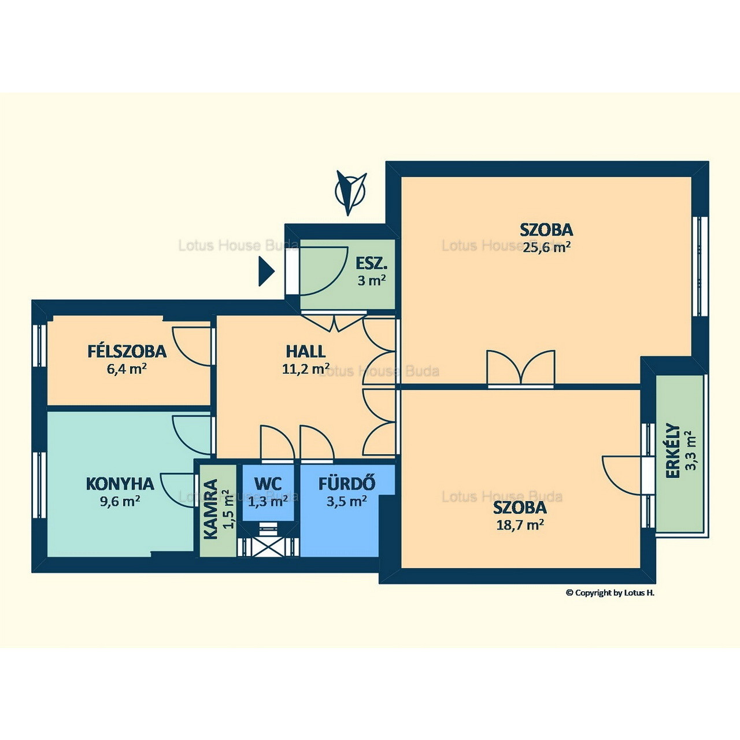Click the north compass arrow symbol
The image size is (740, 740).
pyautogui.click(x=350, y=193)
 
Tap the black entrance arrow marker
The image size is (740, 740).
pyautogui.click(x=266, y=272)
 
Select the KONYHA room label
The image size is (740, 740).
pyautogui.click(x=120, y=484)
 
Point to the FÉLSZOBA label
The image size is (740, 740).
pyautogui.click(x=127, y=351)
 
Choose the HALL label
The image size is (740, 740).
pyautogui.click(x=306, y=351)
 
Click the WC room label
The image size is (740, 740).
pyautogui.click(x=268, y=483)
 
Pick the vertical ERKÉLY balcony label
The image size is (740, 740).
pyautogui.click(x=672, y=450)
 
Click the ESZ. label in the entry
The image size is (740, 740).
pyautogui.click(x=371, y=264)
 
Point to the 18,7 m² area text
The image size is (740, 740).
pyautogui.click(x=520, y=524)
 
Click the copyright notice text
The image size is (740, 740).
pyautogui.click(x=610, y=604)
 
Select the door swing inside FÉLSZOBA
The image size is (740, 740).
pyautogui.click(x=192, y=346)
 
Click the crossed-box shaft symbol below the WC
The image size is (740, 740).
pyautogui.click(x=268, y=546)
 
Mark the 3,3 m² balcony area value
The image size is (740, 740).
pyautogui.click(x=692, y=450)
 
